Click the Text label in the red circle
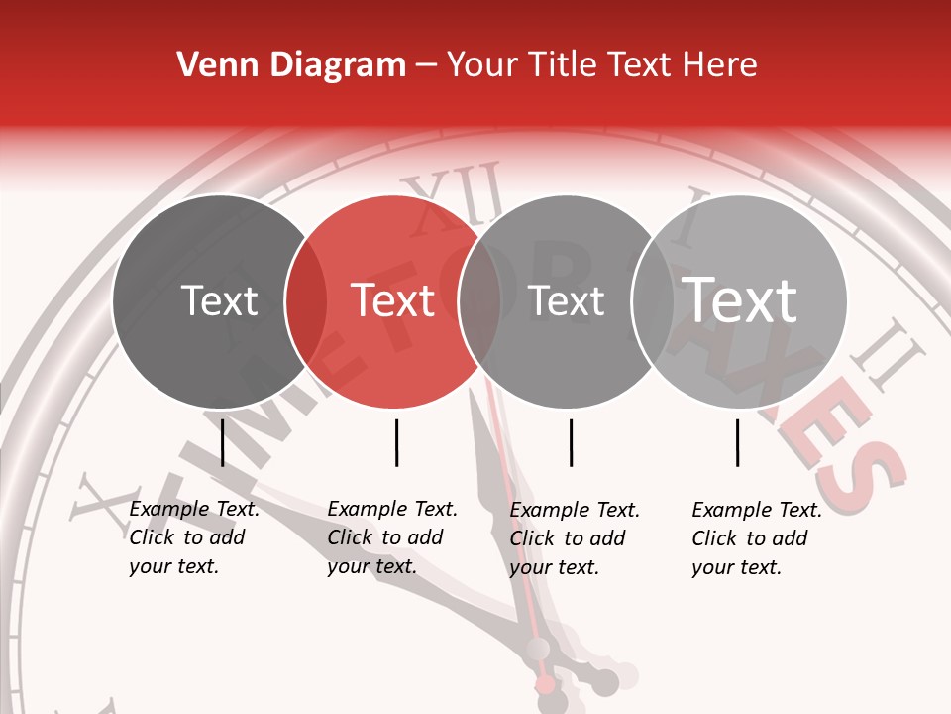[x=393, y=300]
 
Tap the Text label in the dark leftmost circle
[x=220, y=300]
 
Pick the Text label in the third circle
[x=567, y=300]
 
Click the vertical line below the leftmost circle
[x=223, y=442]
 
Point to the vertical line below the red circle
[x=396, y=442]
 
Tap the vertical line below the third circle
[x=571, y=442]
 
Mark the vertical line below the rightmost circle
[x=737, y=442]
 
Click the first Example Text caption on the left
[x=194, y=537]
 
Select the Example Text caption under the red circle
[x=392, y=537]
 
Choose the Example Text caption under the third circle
[x=575, y=538]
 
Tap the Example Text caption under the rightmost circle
[x=757, y=538]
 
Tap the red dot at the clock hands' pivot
[x=545, y=684]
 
